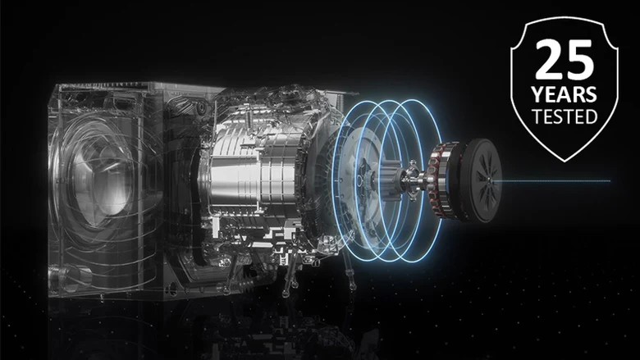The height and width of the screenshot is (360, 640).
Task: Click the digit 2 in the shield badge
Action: pos(550,60)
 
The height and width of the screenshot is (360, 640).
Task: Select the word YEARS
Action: pos(564,94)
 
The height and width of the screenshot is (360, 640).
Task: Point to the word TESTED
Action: pos(565,116)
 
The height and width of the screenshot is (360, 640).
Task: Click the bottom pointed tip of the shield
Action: pos(565,162)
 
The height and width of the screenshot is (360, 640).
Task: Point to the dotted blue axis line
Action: pos(555,180)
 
